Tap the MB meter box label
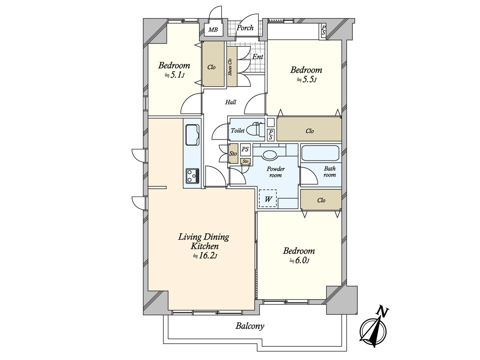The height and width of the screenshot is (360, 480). [213, 30]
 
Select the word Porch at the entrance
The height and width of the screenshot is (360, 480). [245, 28]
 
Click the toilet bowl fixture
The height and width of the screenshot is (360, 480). [256, 130]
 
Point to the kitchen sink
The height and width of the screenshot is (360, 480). [192, 135]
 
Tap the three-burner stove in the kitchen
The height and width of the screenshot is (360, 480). [192, 176]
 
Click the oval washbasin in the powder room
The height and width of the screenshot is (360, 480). [270, 155]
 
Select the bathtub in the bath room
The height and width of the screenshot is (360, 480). [320, 153]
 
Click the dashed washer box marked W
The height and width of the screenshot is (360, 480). [268, 198]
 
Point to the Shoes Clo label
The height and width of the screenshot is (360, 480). [230, 67]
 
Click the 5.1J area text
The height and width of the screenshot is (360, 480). [175, 76]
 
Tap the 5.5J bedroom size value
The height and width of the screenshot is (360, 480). [306, 80]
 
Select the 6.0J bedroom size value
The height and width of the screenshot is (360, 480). [299, 260]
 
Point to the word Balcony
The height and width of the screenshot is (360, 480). [250, 326]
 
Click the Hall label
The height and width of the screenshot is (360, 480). [231, 102]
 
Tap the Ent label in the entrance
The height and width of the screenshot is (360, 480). [258, 57]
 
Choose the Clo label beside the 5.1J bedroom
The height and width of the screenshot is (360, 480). [212, 67]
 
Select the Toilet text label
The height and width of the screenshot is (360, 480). [238, 130]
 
